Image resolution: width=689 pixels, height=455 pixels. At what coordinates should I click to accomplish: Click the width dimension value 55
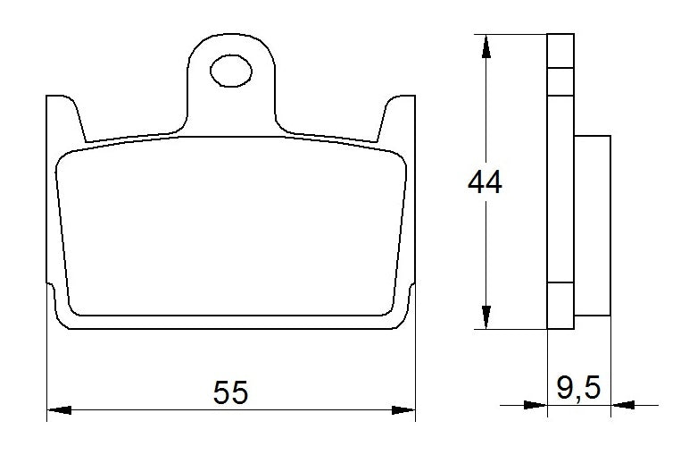point(230,392)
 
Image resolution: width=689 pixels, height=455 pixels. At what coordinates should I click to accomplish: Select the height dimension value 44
point(485,183)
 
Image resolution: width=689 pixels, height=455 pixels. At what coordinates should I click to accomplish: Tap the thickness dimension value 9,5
point(578,388)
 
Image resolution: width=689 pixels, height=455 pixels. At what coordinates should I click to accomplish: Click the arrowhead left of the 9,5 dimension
point(535,405)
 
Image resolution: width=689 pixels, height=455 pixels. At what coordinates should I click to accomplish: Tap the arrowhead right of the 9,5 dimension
point(622,405)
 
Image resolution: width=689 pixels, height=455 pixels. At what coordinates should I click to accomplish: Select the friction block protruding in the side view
point(593,224)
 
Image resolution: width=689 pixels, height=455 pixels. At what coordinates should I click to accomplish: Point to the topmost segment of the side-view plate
point(560,50)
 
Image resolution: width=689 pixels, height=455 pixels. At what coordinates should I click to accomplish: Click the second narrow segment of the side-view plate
point(560,81)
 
